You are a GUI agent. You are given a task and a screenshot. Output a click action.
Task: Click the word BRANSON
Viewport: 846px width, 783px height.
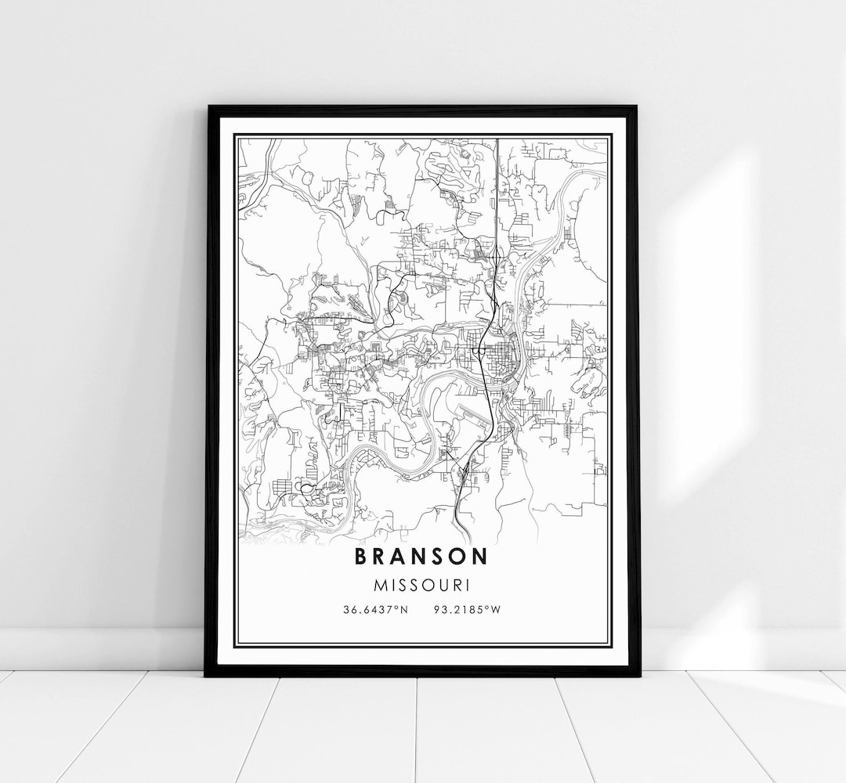click(x=421, y=556)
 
